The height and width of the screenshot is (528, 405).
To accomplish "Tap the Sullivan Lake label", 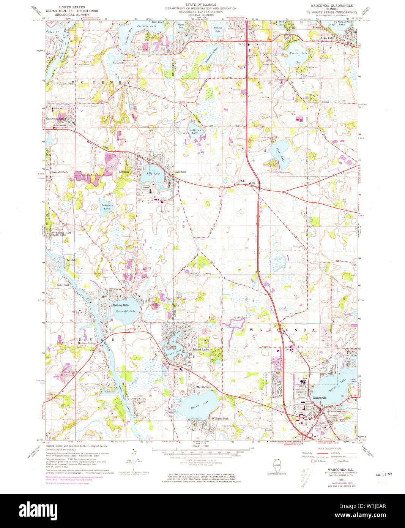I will tap(194, 131).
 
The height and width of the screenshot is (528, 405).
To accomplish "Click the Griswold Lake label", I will tap(125, 311).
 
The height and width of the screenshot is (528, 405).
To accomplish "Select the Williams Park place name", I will tap(220, 418).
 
